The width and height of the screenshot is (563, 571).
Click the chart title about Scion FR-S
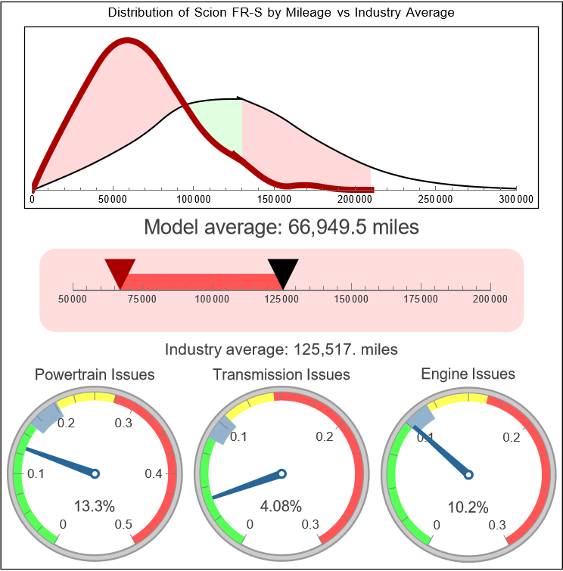coord(281,13)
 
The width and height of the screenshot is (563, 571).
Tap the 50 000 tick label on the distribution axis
coord(113,199)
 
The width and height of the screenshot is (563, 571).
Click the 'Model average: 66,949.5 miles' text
coord(281,227)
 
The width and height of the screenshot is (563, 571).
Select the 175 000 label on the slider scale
coord(421,299)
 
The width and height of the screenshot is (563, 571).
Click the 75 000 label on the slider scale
coord(142,299)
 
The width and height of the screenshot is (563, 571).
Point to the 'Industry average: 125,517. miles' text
coord(281,349)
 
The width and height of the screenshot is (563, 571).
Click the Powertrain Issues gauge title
coord(95,374)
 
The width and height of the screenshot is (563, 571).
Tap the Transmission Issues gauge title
coord(281,374)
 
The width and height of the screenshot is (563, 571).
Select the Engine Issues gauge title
coord(468,374)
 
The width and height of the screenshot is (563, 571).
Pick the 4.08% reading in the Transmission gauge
coord(281,505)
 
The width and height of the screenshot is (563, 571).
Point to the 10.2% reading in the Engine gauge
coord(467,507)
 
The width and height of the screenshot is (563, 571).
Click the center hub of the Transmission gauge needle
coord(281,474)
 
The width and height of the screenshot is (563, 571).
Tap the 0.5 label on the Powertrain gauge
coord(123,525)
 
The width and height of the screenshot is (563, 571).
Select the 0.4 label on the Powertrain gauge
coord(154,474)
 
